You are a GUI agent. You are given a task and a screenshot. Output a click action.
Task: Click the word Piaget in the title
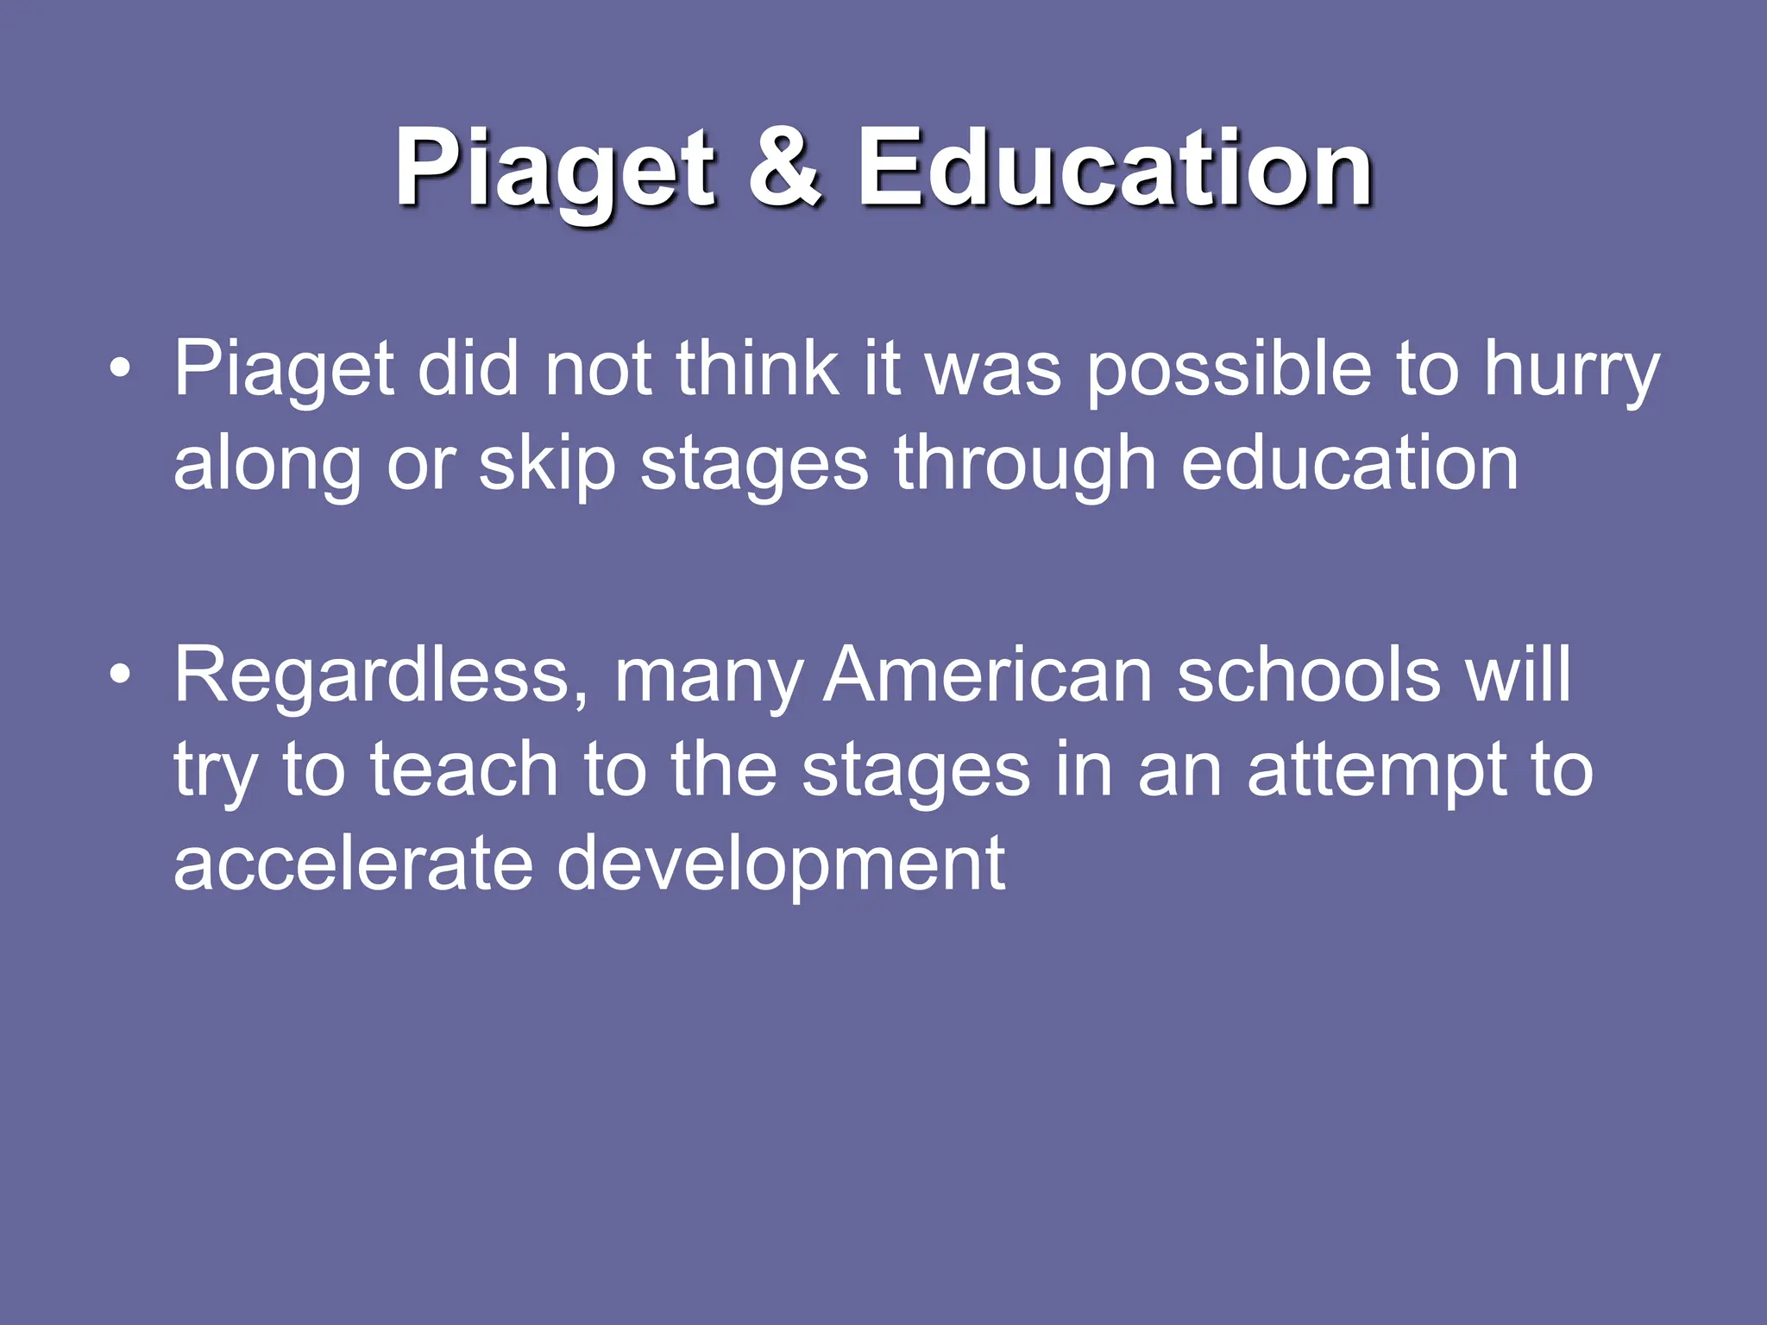tap(556, 170)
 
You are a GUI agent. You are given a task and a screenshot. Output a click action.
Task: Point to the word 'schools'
tap(1308, 675)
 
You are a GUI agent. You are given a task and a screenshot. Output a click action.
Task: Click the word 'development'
tap(781, 866)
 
